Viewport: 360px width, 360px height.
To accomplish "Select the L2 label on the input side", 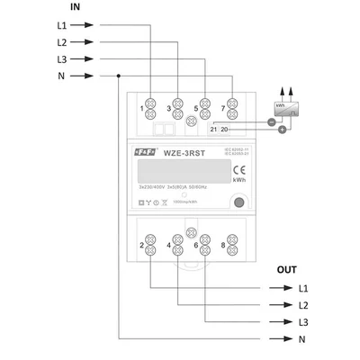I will click(62, 42).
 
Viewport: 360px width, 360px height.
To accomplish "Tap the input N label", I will click(62, 76).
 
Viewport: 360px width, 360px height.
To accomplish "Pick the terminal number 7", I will click(222, 109).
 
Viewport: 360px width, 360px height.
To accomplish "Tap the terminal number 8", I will click(222, 245).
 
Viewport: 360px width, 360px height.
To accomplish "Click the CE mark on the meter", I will click(238, 168).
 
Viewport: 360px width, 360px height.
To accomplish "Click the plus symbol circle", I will click(282, 130).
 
